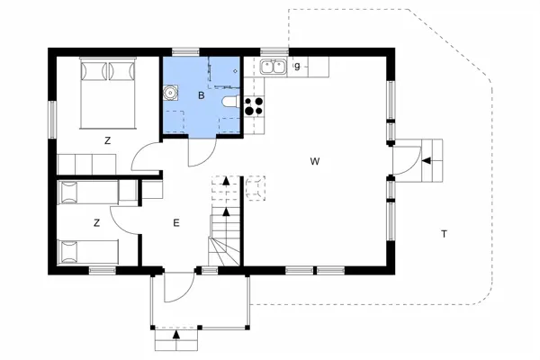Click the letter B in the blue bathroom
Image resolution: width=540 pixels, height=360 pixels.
202,94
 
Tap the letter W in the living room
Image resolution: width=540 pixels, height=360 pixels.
315,162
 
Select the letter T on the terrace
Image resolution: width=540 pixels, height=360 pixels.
444,234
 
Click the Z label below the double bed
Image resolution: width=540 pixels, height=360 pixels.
107,140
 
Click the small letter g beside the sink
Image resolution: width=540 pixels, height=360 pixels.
296,66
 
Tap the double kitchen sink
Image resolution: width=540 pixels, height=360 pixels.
274,66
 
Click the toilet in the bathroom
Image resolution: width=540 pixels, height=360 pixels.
229,102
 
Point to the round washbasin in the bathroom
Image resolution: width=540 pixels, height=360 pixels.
171,92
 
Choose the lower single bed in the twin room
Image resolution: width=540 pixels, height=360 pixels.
87,252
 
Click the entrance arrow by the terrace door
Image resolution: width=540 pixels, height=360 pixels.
426,161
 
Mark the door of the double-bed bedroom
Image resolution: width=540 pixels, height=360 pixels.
144,160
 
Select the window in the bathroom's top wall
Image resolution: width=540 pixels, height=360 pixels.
185,51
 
